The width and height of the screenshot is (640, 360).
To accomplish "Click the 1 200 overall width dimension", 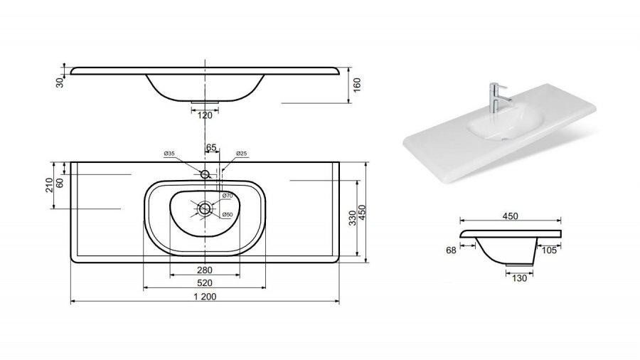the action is pos(205,297).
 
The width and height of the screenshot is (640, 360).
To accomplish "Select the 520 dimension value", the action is pos(205,283).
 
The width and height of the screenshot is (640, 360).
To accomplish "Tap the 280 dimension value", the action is pos(205,270).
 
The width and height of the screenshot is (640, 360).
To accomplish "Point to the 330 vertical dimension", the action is pos(353,218).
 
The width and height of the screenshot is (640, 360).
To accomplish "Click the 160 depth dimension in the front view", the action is pos(357,85).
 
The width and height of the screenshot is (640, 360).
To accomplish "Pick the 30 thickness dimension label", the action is pos(60,83).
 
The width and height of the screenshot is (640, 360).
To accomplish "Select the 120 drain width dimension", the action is pos(205,115).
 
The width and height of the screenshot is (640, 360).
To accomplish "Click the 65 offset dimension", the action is pos(211,147).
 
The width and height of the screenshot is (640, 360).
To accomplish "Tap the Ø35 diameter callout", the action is pos(169,154).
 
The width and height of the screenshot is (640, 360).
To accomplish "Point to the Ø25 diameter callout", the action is pos(242,154).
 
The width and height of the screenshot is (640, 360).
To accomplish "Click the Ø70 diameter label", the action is pos(228,196).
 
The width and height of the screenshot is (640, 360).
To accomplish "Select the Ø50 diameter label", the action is pos(228,215).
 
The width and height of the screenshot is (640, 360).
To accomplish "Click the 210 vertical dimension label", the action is pos(49,185).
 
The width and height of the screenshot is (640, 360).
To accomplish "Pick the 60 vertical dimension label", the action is pos(60,183).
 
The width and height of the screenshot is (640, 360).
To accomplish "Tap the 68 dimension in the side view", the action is pos(451,250).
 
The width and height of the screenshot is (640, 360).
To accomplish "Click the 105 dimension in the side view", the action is pos(549,250).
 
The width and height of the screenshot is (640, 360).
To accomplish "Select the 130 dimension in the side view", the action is pos(519,278).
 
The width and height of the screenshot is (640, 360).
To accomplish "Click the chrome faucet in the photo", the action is pos(497,97).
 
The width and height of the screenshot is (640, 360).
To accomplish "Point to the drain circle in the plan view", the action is pos(205,209).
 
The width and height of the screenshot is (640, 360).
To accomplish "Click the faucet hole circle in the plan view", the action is pos(205,174).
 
